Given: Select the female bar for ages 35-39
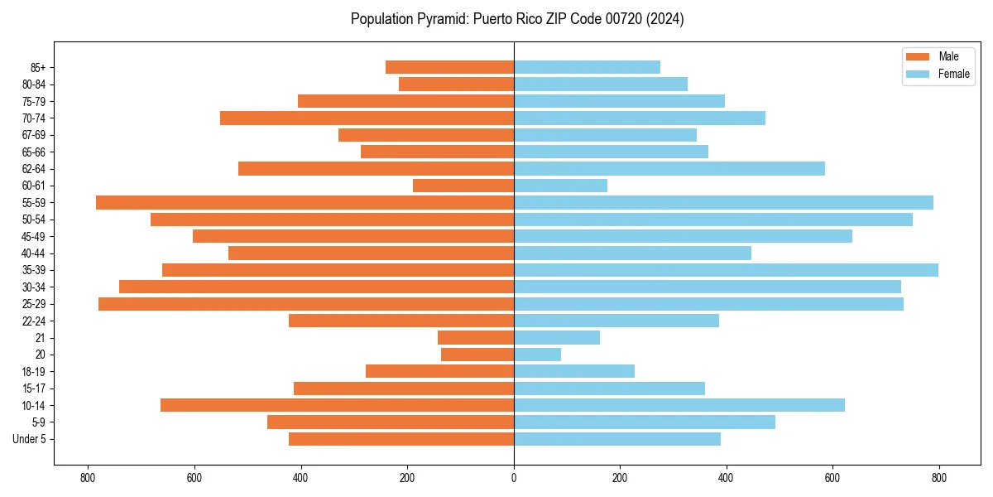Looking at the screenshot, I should (726, 270).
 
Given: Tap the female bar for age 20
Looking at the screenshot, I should (537, 355).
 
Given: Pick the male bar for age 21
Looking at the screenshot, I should (476, 338).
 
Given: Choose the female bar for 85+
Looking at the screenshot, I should (587, 67).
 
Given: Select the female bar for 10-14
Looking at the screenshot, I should (679, 405).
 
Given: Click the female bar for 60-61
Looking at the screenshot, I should (560, 186).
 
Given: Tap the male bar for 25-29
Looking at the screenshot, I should (306, 304).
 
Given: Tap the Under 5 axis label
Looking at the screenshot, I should (30, 439).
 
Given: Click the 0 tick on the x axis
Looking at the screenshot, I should (514, 479).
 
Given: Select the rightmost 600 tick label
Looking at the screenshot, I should (832, 479).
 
